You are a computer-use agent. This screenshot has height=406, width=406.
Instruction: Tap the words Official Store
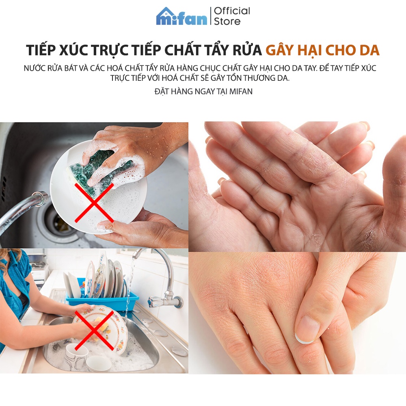click(x=232, y=16)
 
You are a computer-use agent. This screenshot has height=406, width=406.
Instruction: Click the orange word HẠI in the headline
click(x=309, y=51)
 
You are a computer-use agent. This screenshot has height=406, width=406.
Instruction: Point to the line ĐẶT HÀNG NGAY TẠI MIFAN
click(x=203, y=91)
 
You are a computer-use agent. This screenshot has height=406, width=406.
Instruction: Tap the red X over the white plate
click(x=94, y=202)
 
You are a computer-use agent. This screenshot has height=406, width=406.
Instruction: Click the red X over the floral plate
click(x=94, y=330)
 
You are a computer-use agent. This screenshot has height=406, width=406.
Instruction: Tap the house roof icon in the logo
click(x=168, y=13)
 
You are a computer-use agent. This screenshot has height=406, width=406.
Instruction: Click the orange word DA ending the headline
click(x=369, y=50)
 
